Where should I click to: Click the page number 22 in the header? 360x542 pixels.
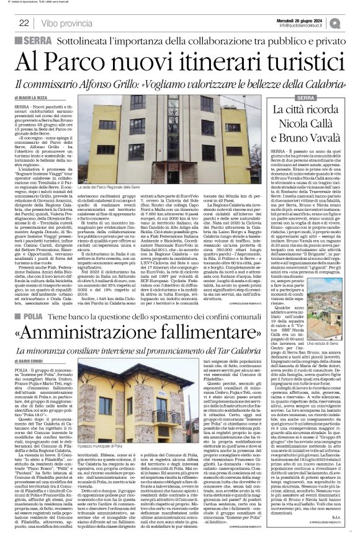[24, 22]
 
